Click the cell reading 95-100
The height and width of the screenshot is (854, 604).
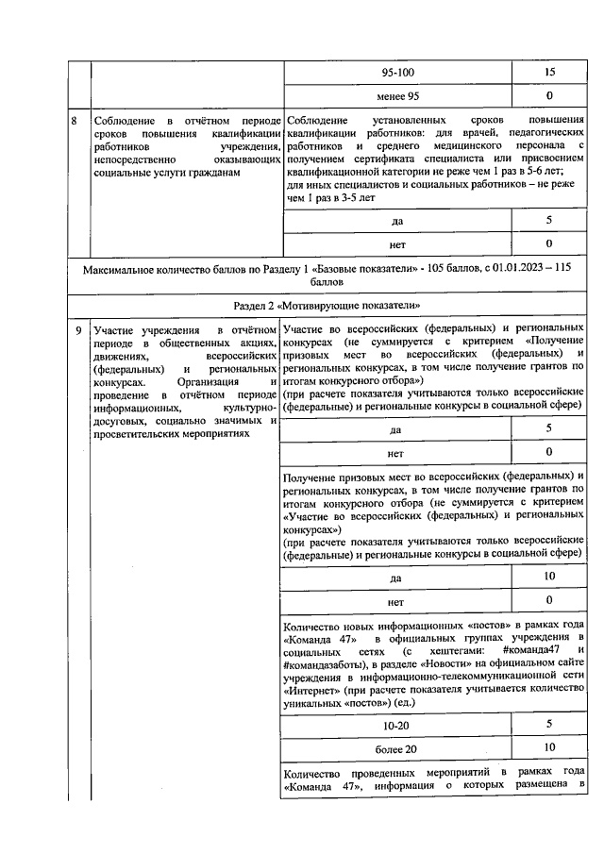(396, 73)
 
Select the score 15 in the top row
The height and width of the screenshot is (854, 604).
(548, 73)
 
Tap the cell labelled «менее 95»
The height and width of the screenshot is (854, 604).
(396, 97)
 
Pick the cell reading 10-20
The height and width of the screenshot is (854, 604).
(396, 724)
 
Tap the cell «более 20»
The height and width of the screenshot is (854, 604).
(396, 748)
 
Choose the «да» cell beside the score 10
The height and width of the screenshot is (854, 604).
(396, 577)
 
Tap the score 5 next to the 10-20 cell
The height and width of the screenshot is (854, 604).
(548, 724)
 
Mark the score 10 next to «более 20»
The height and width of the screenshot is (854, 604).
(548, 748)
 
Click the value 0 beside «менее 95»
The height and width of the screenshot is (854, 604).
(548, 97)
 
